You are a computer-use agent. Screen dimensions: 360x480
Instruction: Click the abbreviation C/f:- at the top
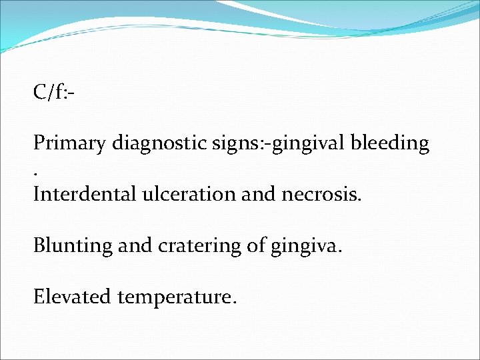click(x=53, y=92)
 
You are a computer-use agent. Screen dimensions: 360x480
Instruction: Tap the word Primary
click(x=71, y=143)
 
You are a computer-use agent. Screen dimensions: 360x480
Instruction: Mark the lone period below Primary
click(x=36, y=174)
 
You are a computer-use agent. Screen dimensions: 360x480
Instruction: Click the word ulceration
click(x=188, y=194)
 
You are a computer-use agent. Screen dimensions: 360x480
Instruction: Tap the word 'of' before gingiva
click(x=257, y=245)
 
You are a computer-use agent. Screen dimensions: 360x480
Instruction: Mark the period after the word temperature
click(x=233, y=301)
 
